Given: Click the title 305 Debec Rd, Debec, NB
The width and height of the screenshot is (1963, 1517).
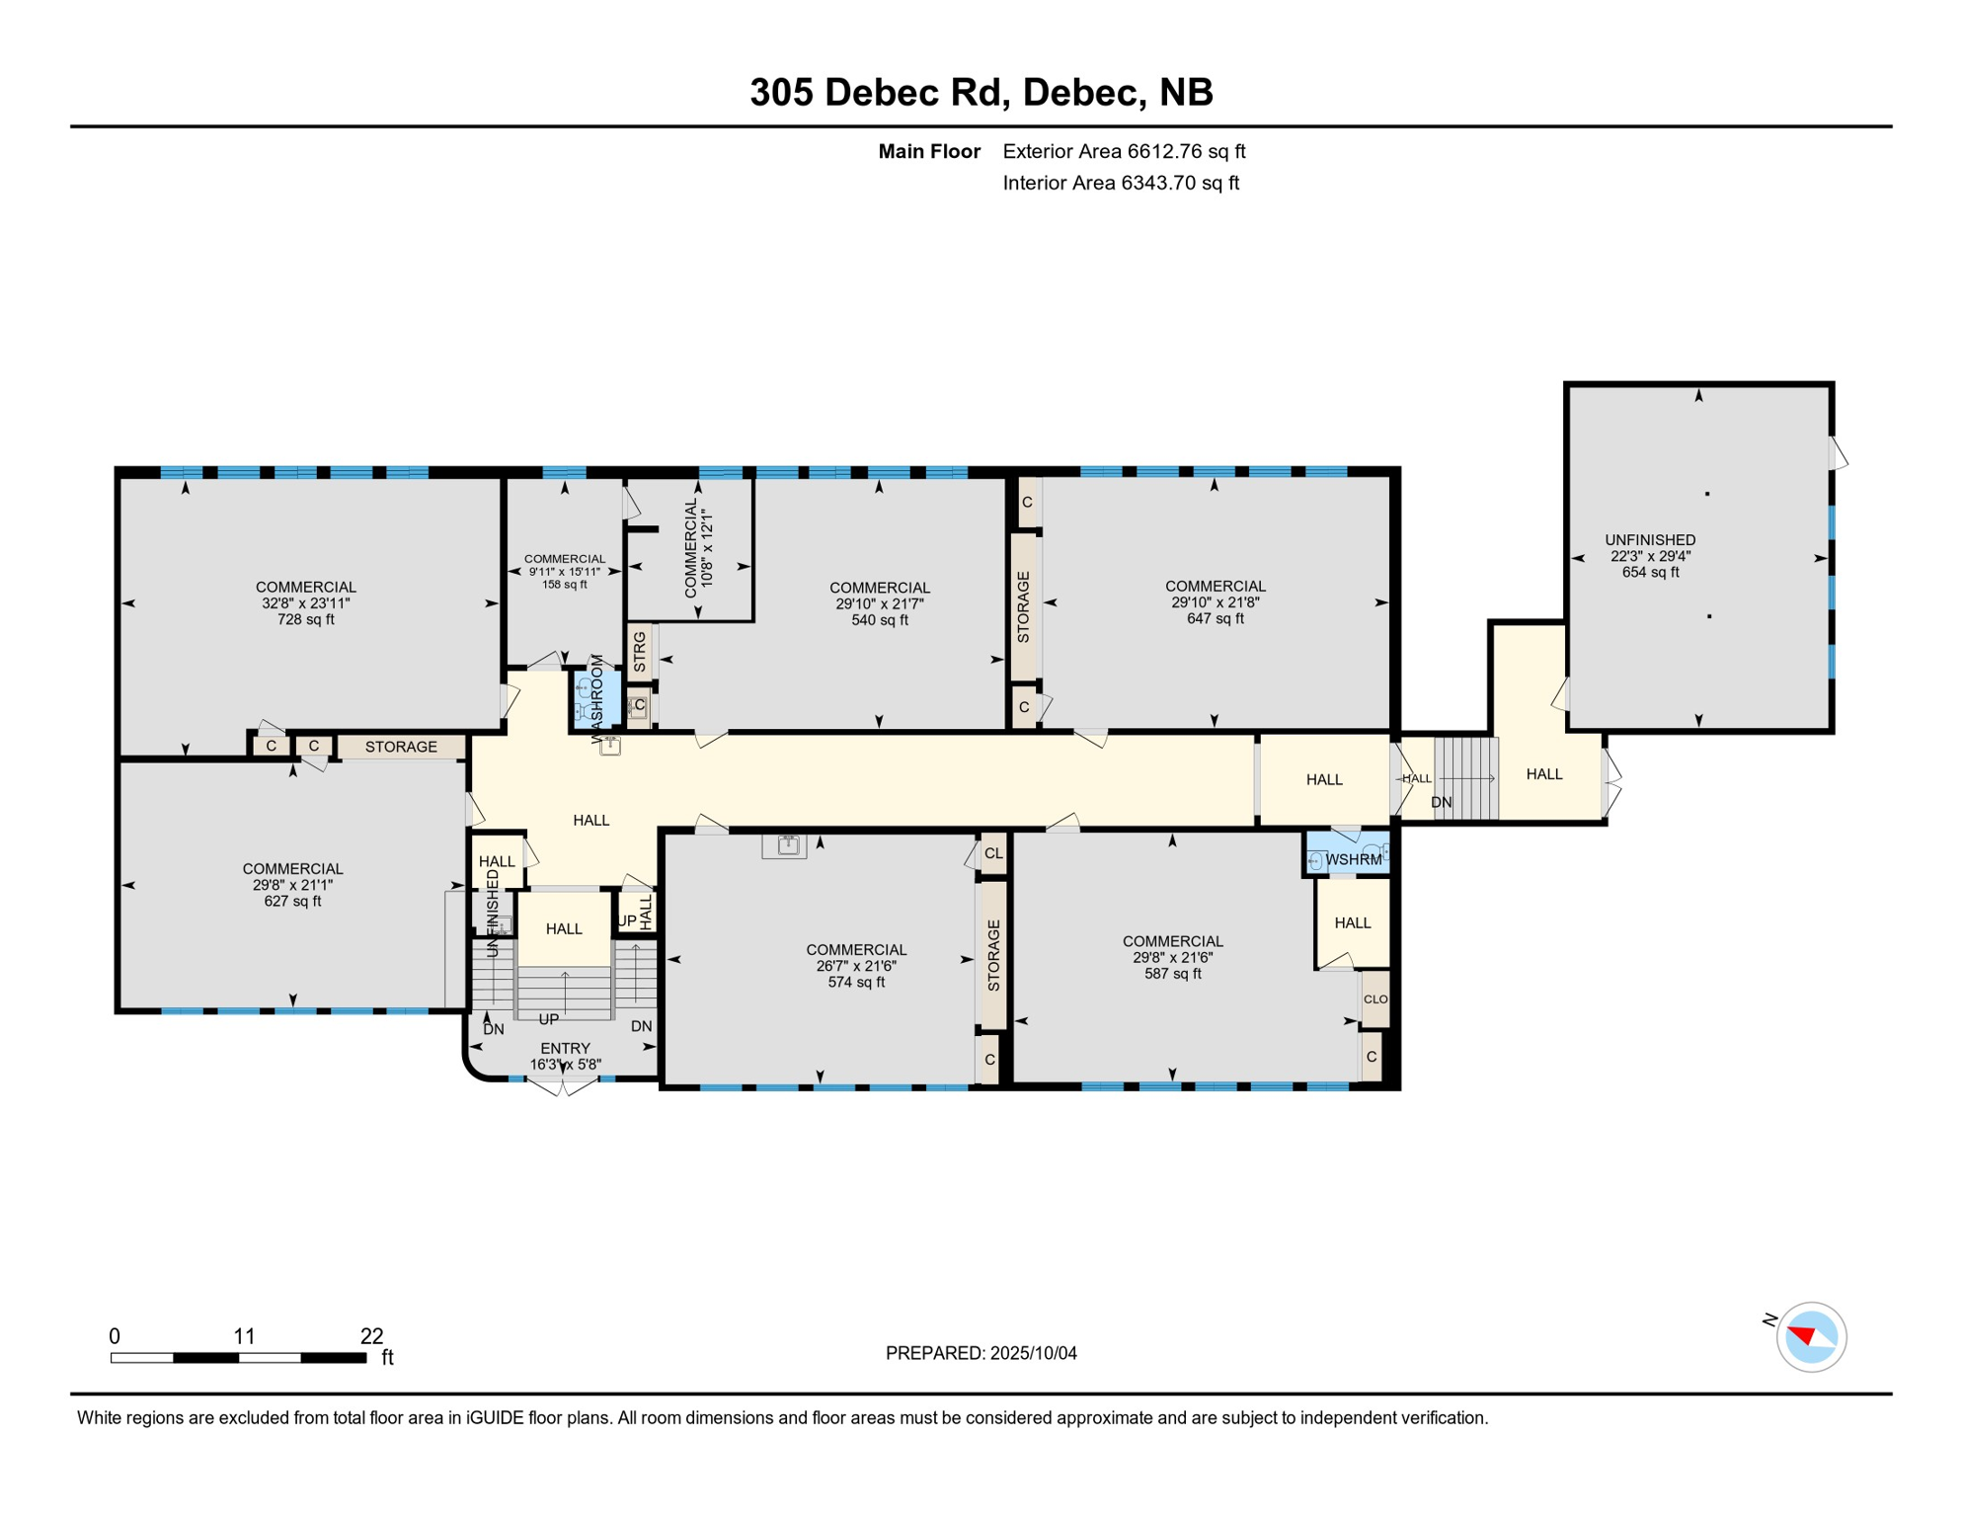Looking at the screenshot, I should (981, 92).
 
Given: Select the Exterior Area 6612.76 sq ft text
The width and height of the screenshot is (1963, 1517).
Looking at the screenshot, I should (1124, 151).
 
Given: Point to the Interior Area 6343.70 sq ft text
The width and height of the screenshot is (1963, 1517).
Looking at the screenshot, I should (1121, 183).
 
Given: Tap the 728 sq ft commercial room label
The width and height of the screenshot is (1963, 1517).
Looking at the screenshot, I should (305, 603).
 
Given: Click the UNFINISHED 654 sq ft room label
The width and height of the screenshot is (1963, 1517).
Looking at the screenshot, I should (1649, 556).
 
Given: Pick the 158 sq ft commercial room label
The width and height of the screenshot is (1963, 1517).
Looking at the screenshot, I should (564, 571).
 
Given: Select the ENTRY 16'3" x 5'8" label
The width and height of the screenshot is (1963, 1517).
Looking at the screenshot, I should (565, 1056).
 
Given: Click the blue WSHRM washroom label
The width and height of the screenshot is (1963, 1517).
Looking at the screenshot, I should (1353, 860).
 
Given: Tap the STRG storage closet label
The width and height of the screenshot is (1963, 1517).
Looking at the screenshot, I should (640, 652).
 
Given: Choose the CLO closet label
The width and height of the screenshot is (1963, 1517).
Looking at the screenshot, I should (1375, 998).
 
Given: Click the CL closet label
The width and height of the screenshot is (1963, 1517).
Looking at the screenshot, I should (993, 853).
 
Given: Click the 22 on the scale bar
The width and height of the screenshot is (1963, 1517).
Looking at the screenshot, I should (371, 1336).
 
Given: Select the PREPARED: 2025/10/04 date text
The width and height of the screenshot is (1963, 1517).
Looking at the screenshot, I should (981, 1353).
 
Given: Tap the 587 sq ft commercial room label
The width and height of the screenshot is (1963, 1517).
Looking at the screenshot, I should (1172, 957).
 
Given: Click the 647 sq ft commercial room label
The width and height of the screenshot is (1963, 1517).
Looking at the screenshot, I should (1214, 602).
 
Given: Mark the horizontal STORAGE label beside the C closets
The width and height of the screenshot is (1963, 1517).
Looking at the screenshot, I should (401, 747).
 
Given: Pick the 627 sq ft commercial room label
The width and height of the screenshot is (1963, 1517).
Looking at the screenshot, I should (292, 885).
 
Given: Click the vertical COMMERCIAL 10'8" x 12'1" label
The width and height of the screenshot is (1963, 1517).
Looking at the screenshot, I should (698, 549).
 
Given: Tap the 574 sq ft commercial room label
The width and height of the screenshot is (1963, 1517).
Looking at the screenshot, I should (855, 966).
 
